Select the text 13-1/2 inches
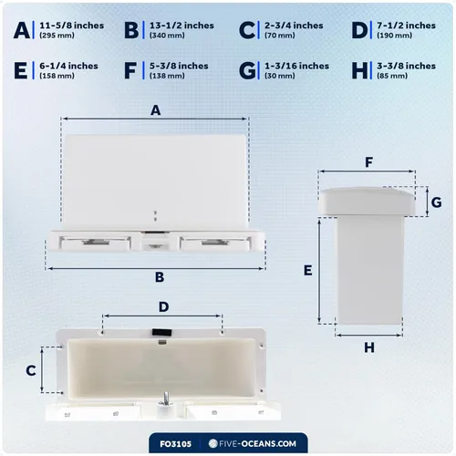[181, 25]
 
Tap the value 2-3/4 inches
[295, 25]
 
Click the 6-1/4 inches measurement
[69, 66]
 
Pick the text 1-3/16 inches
[296, 66]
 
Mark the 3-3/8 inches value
[407, 66]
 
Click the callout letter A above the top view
[155, 110]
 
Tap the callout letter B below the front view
[159, 276]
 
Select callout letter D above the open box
[163, 306]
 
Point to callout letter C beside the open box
[30, 370]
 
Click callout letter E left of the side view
[307, 270]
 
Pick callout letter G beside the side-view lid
[436, 201]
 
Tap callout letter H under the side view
[368, 347]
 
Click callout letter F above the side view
[368, 162]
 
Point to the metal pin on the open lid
[166, 398]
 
